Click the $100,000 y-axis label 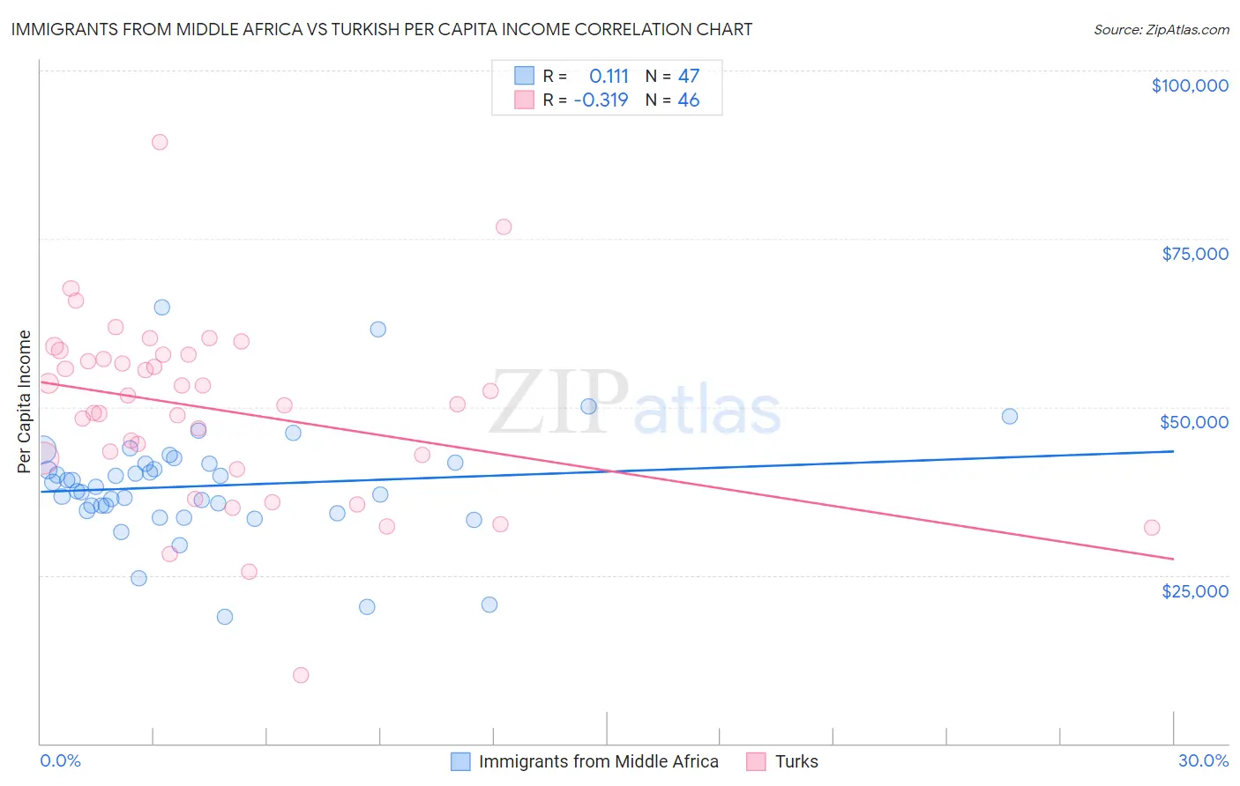click(1190, 85)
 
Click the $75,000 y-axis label click(1195, 254)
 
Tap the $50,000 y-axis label click(1194, 422)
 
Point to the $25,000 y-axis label click(1195, 590)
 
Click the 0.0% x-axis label click(60, 760)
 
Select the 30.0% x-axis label click(1203, 760)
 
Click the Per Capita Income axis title click(25, 401)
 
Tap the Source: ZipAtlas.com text click(1161, 30)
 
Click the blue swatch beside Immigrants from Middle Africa click(460, 761)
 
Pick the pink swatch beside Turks click(756, 761)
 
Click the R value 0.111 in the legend click(609, 76)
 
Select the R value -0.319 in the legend click(601, 100)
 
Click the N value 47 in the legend click(689, 76)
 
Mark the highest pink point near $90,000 click(160, 142)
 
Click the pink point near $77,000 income click(504, 226)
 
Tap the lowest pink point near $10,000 click(301, 675)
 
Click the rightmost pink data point click(1152, 528)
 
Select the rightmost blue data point click(1010, 416)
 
